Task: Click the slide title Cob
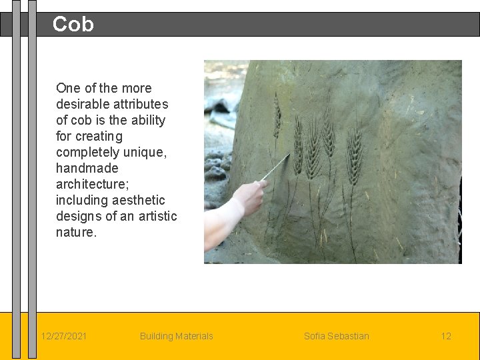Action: tap(73, 25)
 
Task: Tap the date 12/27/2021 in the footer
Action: tap(63, 336)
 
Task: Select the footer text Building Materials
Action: tap(176, 336)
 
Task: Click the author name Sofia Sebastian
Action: tap(336, 336)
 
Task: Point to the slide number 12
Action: tap(446, 336)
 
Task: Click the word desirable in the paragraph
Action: tap(83, 104)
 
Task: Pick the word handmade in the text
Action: tap(87, 168)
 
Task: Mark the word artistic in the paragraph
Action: tap(155, 216)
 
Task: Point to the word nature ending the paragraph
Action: tap(75, 232)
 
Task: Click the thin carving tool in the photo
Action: tap(275, 167)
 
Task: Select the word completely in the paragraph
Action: tap(87, 152)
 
